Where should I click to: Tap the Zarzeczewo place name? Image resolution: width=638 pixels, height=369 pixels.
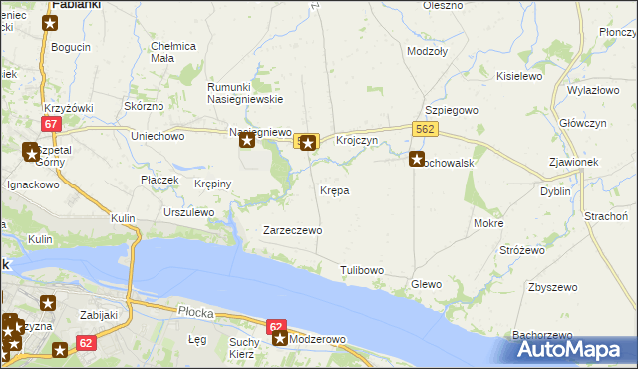(291, 230)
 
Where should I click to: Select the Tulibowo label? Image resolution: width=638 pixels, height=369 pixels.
(361, 270)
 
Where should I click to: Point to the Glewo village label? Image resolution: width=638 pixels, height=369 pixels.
(426, 284)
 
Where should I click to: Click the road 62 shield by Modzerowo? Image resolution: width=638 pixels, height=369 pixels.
(277, 326)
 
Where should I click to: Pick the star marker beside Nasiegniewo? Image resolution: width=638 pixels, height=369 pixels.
(247, 141)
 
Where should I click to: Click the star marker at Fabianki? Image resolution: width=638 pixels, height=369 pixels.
(50, 21)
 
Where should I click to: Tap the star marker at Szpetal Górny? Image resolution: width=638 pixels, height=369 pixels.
(30, 152)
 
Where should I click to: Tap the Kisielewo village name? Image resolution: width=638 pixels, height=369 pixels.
(517, 76)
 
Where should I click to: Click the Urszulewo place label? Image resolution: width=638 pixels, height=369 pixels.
(189, 212)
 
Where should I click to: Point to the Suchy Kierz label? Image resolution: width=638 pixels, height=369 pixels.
(243, 348)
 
